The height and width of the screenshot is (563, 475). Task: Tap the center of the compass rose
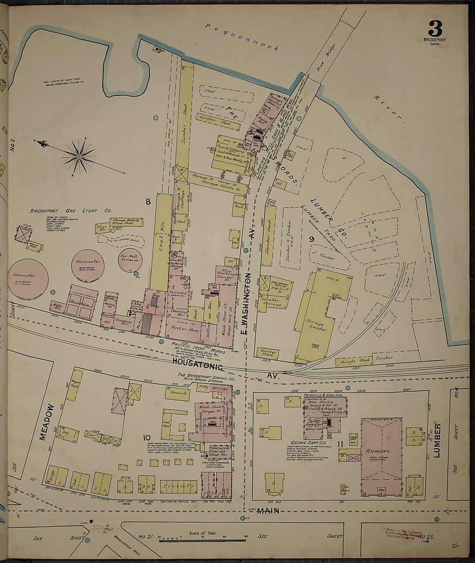pyautogui.click(x=79, y=156)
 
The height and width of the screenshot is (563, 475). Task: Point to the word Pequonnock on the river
pyautogui.click(x=242, y=37)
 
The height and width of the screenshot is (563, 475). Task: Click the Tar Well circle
pyautogui.click(x=130, y=260)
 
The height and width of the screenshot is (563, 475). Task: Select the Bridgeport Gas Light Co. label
pyautogui.click(x=71, y=211)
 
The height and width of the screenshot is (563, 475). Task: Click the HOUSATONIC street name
pyautogui.click(x=197, y=361)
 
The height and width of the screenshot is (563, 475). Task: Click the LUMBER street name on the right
pyautogui.click(x=437, y=440)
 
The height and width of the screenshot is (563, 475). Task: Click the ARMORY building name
pyautogui.click(x=379, y=451)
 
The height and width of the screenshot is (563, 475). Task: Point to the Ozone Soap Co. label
pyautogui.click(x=306, y=443)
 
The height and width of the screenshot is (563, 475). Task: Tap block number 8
pyautogui.click(x=148, y=201)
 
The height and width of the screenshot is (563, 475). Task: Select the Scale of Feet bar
pyautogui.click(x=203, y=539)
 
